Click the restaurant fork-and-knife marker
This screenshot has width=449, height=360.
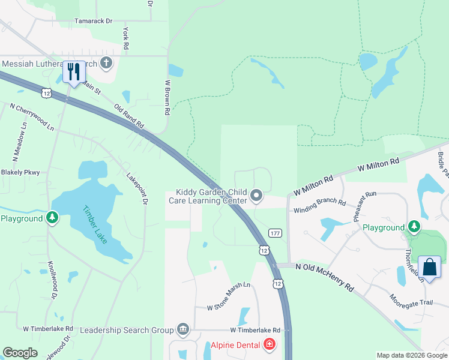pos(74,72)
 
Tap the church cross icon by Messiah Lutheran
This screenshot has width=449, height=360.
pos(106,62)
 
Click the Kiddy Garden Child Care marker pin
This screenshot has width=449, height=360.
pos(256,196)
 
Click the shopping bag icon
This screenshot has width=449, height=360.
pos(430,267)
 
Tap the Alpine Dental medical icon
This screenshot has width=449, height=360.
pos(270,345)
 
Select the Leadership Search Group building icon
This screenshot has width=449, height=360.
pos(183,329)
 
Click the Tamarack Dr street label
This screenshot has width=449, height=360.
pos(93,21)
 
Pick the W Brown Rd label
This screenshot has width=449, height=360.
pos(167,97)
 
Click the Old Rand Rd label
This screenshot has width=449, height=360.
pos(130,116)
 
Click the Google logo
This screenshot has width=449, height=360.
pos(20,353)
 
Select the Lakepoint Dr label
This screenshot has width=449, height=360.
pos(137,189)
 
